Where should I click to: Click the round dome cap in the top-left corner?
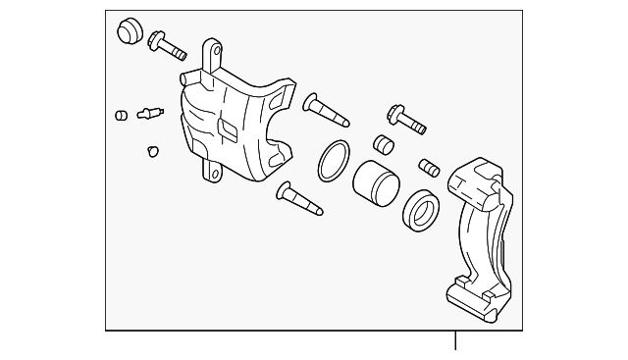point(128,32)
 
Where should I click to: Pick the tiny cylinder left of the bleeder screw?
point(121,115)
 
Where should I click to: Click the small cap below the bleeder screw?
point(153,150)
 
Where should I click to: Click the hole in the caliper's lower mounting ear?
point(210,175)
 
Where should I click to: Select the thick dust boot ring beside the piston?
point(422,211)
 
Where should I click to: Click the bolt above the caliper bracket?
point(406,120)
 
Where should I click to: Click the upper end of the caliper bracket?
point(479,177)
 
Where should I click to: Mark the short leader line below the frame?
point(455,341)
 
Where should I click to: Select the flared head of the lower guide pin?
point(285,189)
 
